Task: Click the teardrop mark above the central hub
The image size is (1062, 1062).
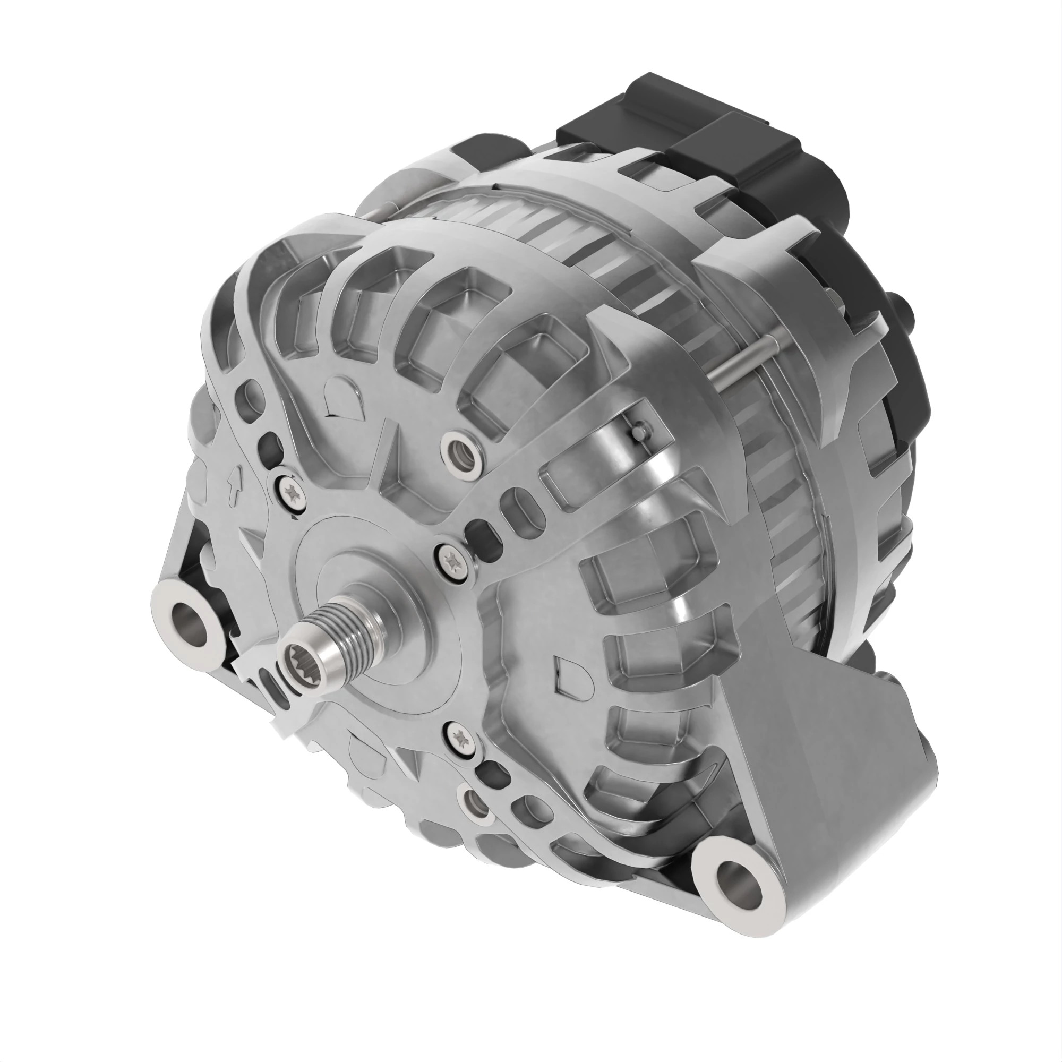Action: point(340,394)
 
